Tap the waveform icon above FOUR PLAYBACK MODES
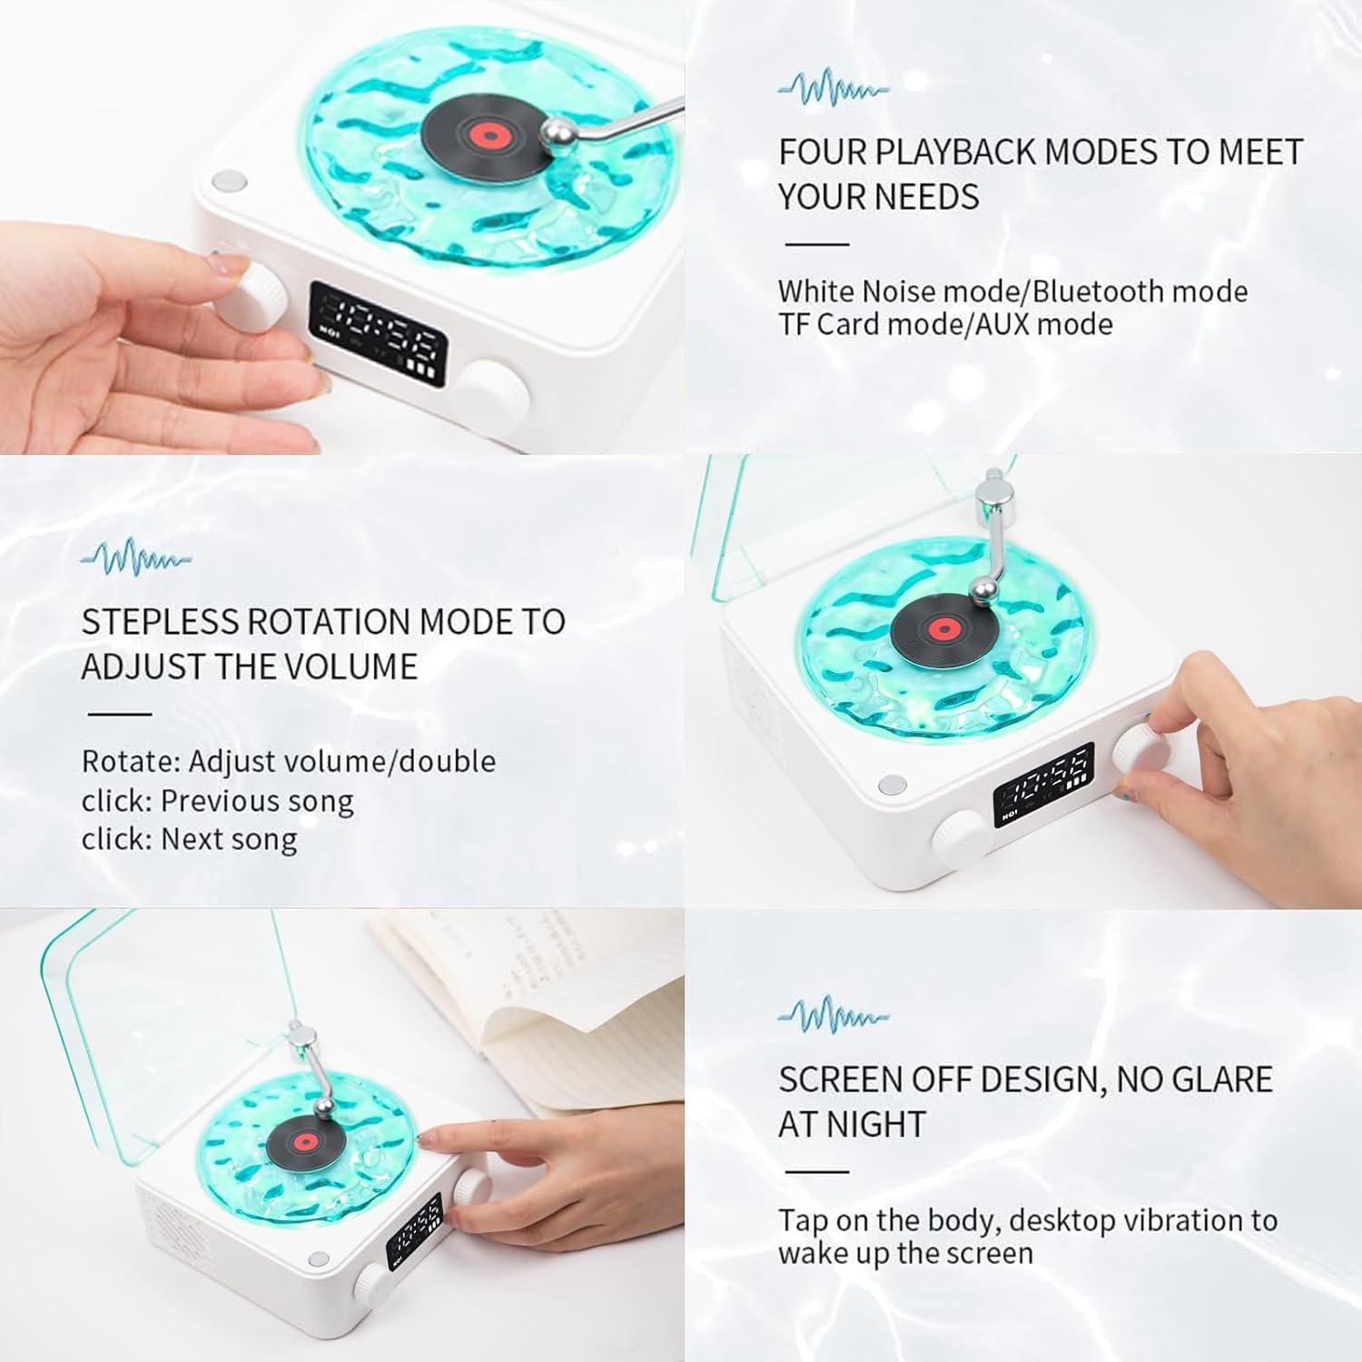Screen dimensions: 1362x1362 click(834, 88)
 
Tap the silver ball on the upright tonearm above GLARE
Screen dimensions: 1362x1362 click(982, 591)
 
